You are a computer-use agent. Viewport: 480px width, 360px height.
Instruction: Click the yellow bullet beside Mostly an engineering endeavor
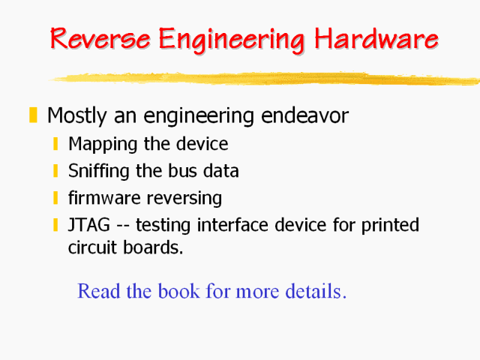click(32, 115)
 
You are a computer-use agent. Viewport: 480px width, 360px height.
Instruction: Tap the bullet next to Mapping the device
click(56, 143)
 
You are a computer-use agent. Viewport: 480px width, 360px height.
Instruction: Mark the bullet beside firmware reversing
click(56, 198)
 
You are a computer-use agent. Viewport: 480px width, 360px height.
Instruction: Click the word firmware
click(100, 198)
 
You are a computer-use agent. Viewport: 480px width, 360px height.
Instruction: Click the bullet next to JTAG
click(56, 224)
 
